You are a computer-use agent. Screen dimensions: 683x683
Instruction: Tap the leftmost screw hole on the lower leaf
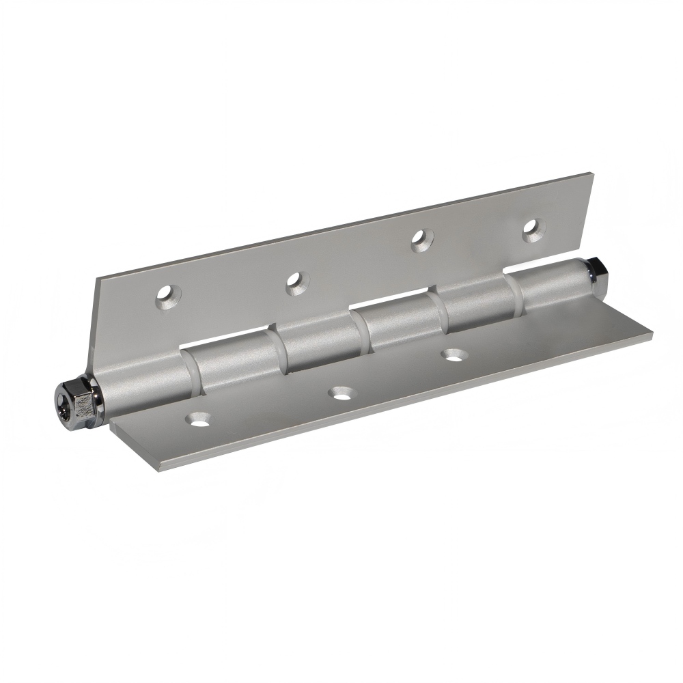coord(200,419)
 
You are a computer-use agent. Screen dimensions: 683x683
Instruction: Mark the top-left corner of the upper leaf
coord(98,277)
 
